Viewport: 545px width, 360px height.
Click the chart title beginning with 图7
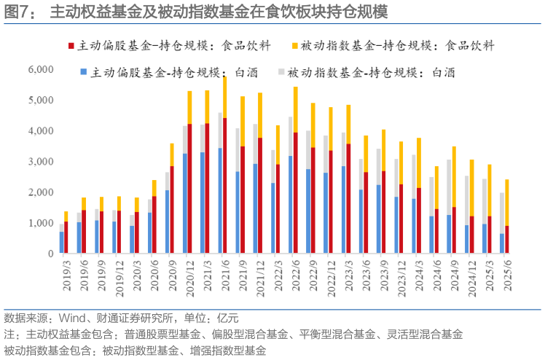click(x=219, y=12)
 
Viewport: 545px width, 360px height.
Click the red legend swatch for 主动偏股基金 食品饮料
click(x=71, y=46)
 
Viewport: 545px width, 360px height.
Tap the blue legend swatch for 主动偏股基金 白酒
click(x=85, y=72)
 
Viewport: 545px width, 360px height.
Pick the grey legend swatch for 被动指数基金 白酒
click(x=281, y=72)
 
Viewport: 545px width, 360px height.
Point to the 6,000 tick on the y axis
click(x=40, y=69)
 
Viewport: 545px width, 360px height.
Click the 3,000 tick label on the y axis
click(x=40, y=162)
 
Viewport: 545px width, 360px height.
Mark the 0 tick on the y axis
click(x=50, y=254)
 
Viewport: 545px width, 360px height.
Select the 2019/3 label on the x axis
click(x=65, y=273)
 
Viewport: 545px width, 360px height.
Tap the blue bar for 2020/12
click(x=185, y=203)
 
